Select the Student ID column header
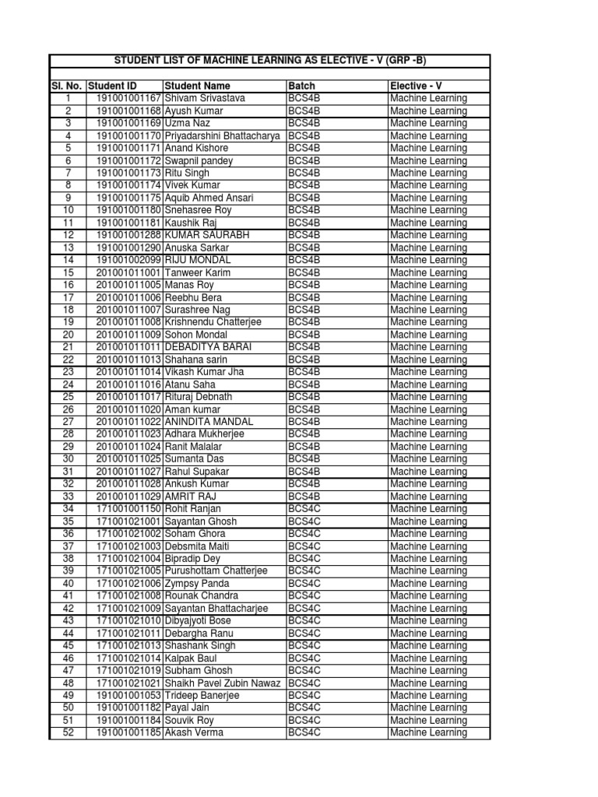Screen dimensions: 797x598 coord(113,86)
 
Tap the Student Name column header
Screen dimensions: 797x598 coord(197,86)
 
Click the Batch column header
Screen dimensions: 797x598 coord(301,86)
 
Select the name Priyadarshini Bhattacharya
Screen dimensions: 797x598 coord(223,135)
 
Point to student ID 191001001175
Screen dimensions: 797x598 coord(128,198)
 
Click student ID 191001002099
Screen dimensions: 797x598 coord(128,260)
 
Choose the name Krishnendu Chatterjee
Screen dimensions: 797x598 coord(213,322)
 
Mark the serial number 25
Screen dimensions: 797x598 coord(68,397)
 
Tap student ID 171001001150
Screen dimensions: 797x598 coord(128,509)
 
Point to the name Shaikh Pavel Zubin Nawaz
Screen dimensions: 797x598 coord(223,683)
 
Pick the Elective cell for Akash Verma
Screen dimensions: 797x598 coord(428,733)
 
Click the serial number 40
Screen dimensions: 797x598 coord(68,584)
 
